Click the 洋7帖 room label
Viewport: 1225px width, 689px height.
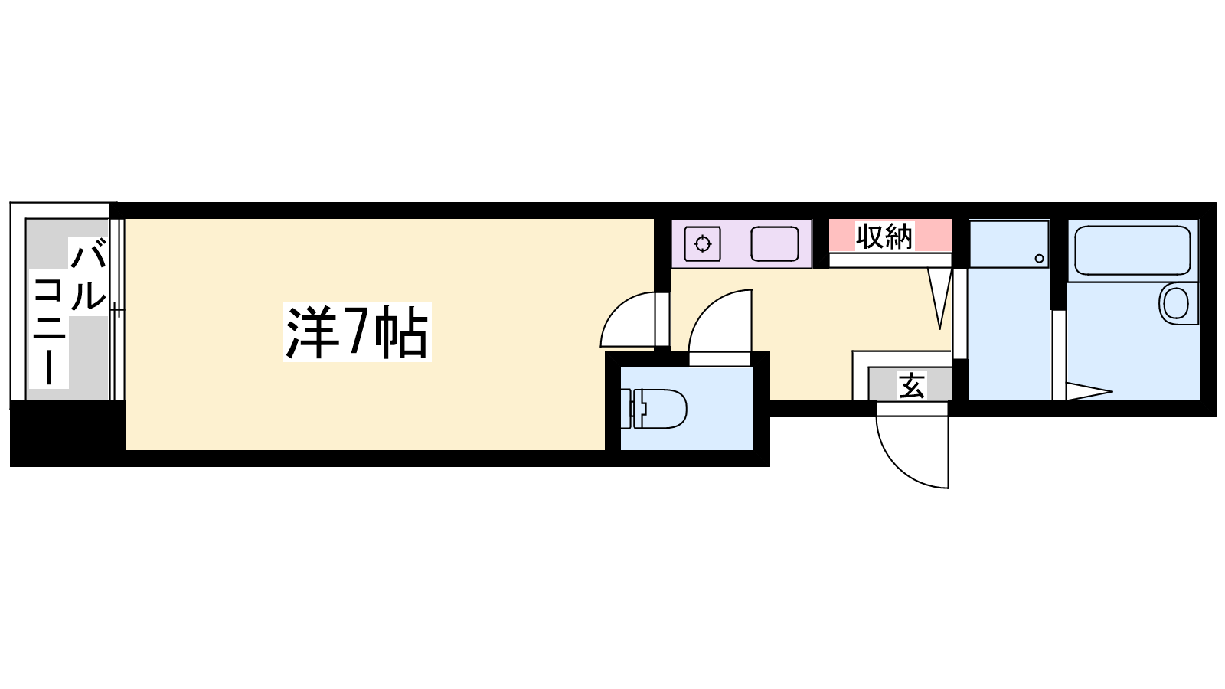357,332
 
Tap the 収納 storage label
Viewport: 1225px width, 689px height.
884,237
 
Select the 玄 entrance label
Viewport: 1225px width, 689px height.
911,385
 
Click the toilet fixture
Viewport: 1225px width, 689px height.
654,409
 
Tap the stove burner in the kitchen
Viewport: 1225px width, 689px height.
703,244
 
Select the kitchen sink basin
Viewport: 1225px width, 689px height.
774,244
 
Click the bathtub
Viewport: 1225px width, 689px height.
1132,250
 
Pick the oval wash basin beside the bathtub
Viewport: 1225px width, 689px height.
1174,303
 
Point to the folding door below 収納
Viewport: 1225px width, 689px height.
940,298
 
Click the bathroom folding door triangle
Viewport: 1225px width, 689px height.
1088,391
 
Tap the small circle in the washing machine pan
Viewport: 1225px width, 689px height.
1039,259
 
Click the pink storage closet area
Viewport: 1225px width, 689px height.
890,236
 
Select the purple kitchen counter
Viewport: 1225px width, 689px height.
742,244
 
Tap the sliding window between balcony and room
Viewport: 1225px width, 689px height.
117,309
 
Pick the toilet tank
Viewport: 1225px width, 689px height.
634,409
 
